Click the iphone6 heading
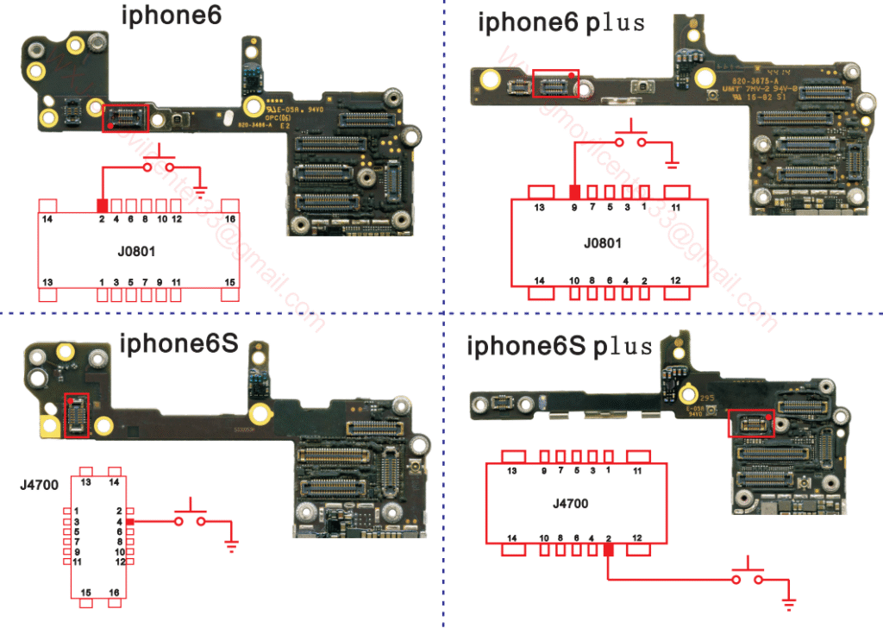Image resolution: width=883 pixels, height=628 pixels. coord(172,16)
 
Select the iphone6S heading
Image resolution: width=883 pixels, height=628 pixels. coord(178,344)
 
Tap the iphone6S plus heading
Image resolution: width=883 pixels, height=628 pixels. coord(560,347)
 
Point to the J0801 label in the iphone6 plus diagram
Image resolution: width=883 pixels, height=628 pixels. coord(602,243)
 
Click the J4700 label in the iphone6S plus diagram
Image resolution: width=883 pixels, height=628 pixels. coord(570,504)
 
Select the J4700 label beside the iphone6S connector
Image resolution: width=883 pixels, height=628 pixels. coord(39,485)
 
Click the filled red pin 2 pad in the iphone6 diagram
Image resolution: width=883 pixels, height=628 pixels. coord(102,205)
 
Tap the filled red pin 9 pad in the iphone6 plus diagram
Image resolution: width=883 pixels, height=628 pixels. coord(574,192)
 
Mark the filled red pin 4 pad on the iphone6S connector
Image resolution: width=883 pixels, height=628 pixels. coord(129,522)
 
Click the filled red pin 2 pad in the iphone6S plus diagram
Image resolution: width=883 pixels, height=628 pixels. coord(609,549)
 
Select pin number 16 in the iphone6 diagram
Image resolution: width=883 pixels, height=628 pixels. coord(230,220)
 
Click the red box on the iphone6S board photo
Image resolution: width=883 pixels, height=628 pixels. coord(77,414)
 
